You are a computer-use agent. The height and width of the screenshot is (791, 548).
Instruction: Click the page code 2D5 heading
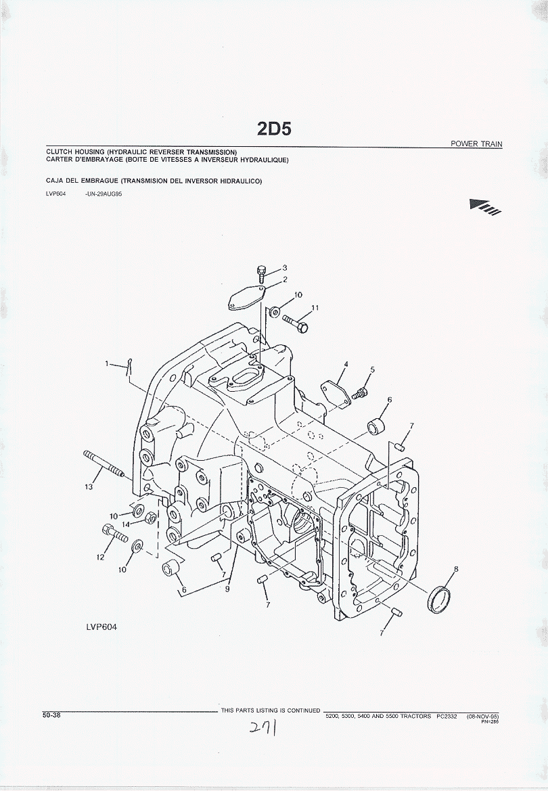274,129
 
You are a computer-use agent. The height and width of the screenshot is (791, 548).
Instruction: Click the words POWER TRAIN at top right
476,144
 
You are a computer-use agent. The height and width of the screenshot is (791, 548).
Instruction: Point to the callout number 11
315,309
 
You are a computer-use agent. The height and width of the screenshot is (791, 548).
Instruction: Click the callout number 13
89,487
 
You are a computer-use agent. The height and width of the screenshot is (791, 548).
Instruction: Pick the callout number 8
456,569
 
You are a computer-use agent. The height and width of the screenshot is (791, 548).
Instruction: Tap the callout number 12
100,558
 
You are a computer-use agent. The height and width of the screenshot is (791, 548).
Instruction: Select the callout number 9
227,589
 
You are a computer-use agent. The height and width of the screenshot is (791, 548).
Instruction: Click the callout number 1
107,364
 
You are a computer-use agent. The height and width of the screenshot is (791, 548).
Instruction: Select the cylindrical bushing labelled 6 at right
375,428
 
